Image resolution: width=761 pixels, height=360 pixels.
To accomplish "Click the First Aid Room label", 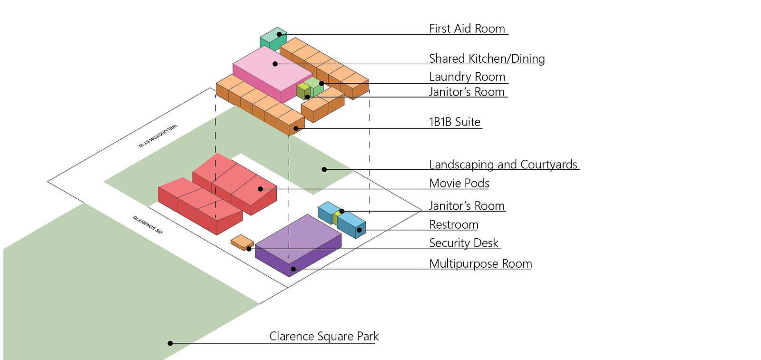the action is coord(467,29).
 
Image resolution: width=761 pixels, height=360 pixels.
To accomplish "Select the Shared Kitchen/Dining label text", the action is coord(487,59).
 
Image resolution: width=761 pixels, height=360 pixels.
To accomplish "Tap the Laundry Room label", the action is coord(467,77).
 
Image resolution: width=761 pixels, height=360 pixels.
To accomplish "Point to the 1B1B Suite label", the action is coord(455,122).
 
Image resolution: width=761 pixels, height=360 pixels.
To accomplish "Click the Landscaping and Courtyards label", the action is coord(503,165).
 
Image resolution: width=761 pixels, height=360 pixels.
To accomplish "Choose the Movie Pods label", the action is coord(459,184).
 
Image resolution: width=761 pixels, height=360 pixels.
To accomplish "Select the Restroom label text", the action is coord(454,225).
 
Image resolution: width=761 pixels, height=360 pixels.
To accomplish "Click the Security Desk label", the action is coord(463,243).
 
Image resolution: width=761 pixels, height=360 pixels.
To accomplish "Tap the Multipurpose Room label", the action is coord(480,264).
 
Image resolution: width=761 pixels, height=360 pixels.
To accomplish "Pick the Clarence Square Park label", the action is coord(324,336).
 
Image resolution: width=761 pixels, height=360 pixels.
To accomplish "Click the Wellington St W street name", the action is coord(157,136).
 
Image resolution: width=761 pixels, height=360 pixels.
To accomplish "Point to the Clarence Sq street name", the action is coord(147,224).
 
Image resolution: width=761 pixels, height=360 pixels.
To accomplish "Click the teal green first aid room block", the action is coord(273,39).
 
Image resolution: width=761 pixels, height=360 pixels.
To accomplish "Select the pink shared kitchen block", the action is coord(273,74).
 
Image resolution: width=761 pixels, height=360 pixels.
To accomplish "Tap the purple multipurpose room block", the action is coord(298,245).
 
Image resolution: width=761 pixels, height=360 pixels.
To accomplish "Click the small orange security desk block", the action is coord(242,242).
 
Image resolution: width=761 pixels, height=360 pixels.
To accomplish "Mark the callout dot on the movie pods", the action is coord(260,189).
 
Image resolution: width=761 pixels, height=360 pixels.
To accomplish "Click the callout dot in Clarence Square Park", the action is coord(170,343).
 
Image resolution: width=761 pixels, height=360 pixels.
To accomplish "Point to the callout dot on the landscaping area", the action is coord(324,169).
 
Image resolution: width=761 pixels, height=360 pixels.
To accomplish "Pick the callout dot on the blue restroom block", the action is coord(359,230).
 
